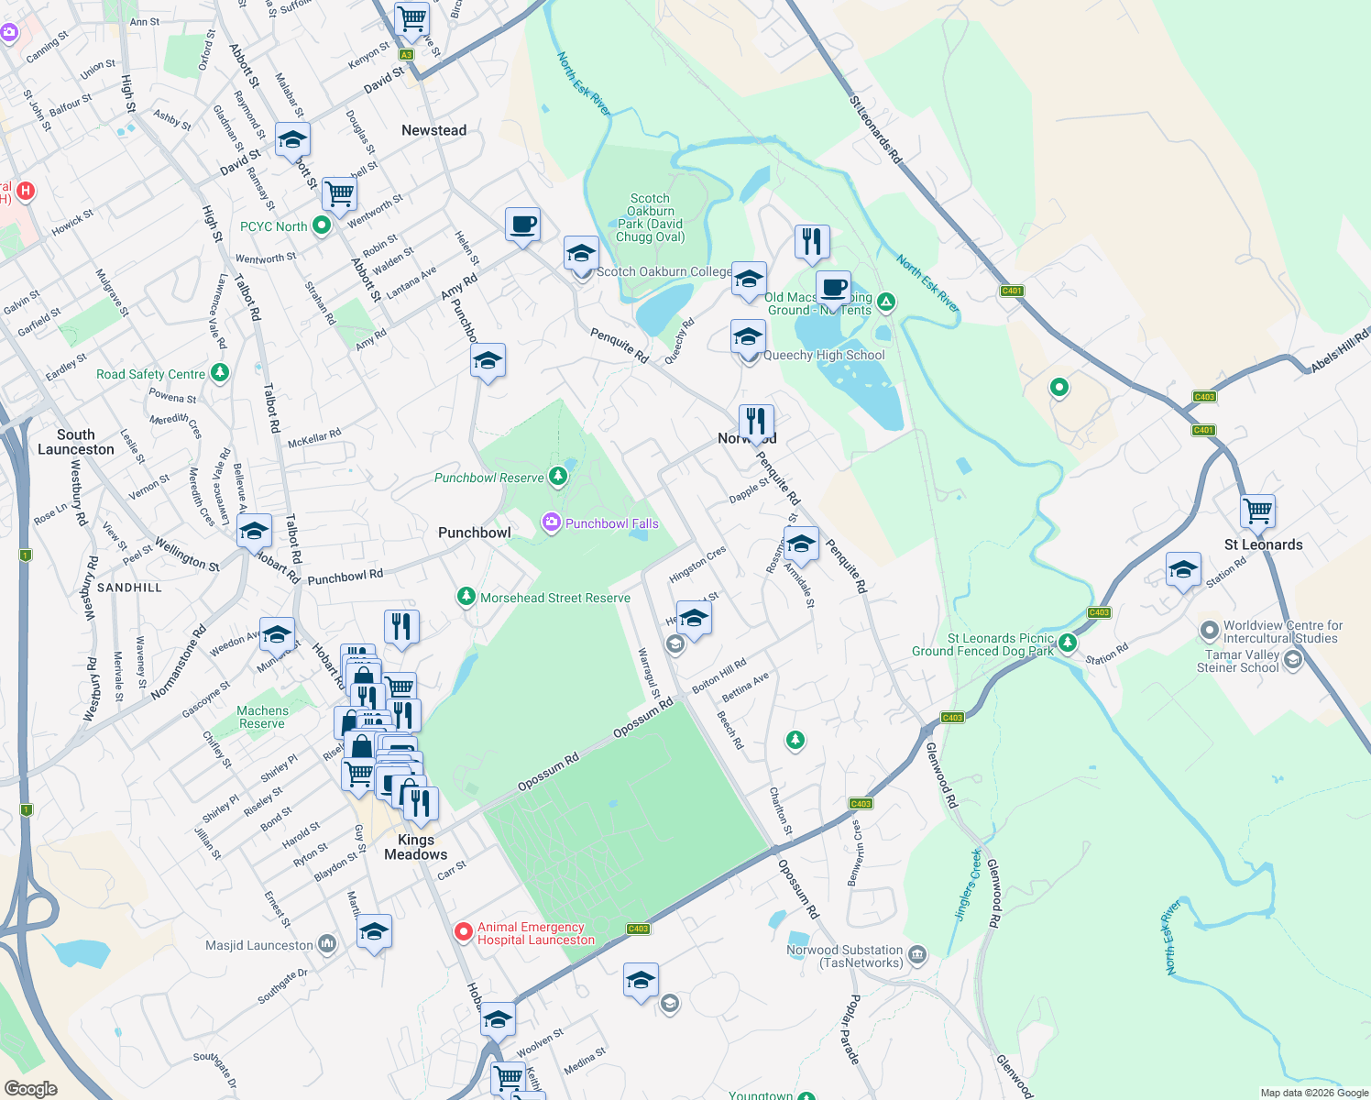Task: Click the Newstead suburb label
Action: [x=433, y=130]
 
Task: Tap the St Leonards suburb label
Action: [x=1263, y=544]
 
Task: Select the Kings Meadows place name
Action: [x=416, y=847]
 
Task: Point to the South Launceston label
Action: [x=76, y=442]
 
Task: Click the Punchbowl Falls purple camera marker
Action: [x=551, y=522]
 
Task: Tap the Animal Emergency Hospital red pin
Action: [x=465, y=932]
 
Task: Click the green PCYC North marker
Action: [x=322, y=225]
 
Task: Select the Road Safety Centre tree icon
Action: [x=219, y=372]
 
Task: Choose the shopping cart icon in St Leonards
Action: [x=1257, y=510]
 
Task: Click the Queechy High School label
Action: [x=824, y=355]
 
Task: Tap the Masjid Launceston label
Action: [x=259, y=945]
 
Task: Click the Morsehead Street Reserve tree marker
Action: [x=466, y=597]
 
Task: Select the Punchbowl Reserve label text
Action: [x=488, y=478]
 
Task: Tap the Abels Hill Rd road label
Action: [x=1339, y=350]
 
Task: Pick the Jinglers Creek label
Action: [x=969, y=885]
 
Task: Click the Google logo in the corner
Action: [x=31, y=1088]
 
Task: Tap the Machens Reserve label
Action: [x=262, y=717]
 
